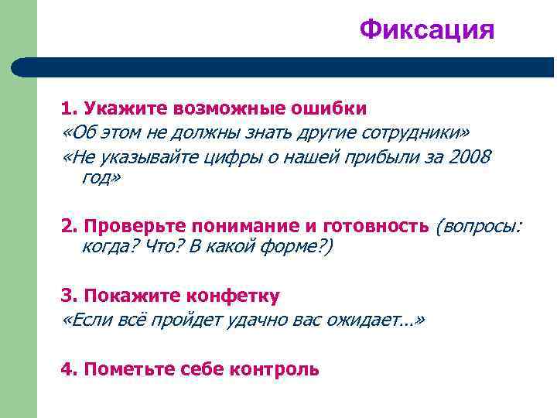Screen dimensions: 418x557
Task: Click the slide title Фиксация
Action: click(x=426, y=29)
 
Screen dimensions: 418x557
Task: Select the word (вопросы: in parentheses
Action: click(x=479, y=225)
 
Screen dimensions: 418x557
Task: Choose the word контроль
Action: click(x=275, y=369)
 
